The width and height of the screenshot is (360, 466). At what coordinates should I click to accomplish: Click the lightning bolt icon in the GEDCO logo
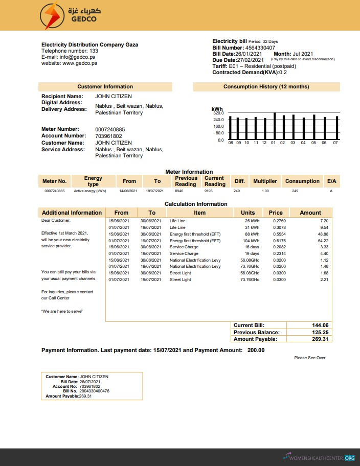51,16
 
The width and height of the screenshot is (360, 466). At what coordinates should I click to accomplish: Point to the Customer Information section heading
105,87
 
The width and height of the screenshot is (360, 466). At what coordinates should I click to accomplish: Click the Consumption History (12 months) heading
266,87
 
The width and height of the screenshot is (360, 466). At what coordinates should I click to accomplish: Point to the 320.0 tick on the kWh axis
218,113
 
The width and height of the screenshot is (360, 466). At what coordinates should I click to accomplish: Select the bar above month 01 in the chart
275,126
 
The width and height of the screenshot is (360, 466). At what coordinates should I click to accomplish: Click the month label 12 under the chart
264,143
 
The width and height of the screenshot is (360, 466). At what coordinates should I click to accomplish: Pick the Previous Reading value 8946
179,191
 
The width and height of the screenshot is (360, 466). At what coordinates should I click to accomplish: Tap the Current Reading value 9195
208,191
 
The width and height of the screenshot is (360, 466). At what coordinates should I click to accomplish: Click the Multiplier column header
265,181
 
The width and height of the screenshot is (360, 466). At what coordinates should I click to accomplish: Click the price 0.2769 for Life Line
279,220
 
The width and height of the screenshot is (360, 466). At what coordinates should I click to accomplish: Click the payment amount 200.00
256,350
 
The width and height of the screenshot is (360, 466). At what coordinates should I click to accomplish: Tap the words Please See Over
309,358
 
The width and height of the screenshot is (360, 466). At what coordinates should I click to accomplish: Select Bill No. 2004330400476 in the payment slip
94,391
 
